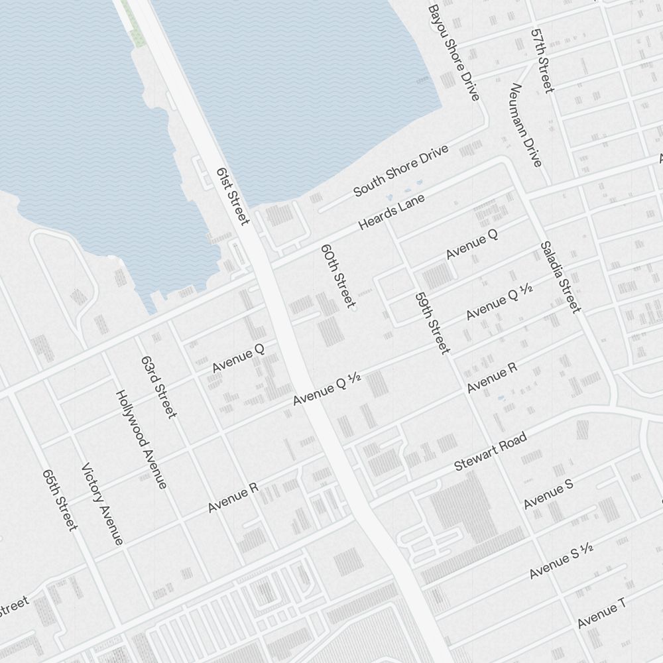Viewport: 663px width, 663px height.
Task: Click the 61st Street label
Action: point(233,196)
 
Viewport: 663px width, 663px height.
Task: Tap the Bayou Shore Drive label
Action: point(453,53)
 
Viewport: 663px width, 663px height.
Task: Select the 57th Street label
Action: point(542,60)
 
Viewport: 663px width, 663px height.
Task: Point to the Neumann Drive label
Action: point(526,125)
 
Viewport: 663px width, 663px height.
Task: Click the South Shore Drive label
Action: point(400,171)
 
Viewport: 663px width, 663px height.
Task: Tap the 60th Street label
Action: point(337,276)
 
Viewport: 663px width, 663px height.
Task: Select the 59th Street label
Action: point(432,323)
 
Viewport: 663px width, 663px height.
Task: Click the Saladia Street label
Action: point(560,276)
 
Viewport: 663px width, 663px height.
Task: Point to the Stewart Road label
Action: point(491,452)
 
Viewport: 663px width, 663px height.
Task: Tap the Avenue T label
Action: point(601,613)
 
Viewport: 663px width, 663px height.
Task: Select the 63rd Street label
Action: point(159,387)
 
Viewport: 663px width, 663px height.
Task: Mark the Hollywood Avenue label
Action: point(141,439)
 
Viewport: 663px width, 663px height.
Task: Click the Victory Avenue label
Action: point(103,504)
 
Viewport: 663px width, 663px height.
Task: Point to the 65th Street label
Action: point(60,500)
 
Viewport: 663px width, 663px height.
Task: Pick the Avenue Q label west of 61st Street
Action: point(239,358)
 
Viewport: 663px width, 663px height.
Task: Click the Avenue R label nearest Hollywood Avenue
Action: point(233,498)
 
